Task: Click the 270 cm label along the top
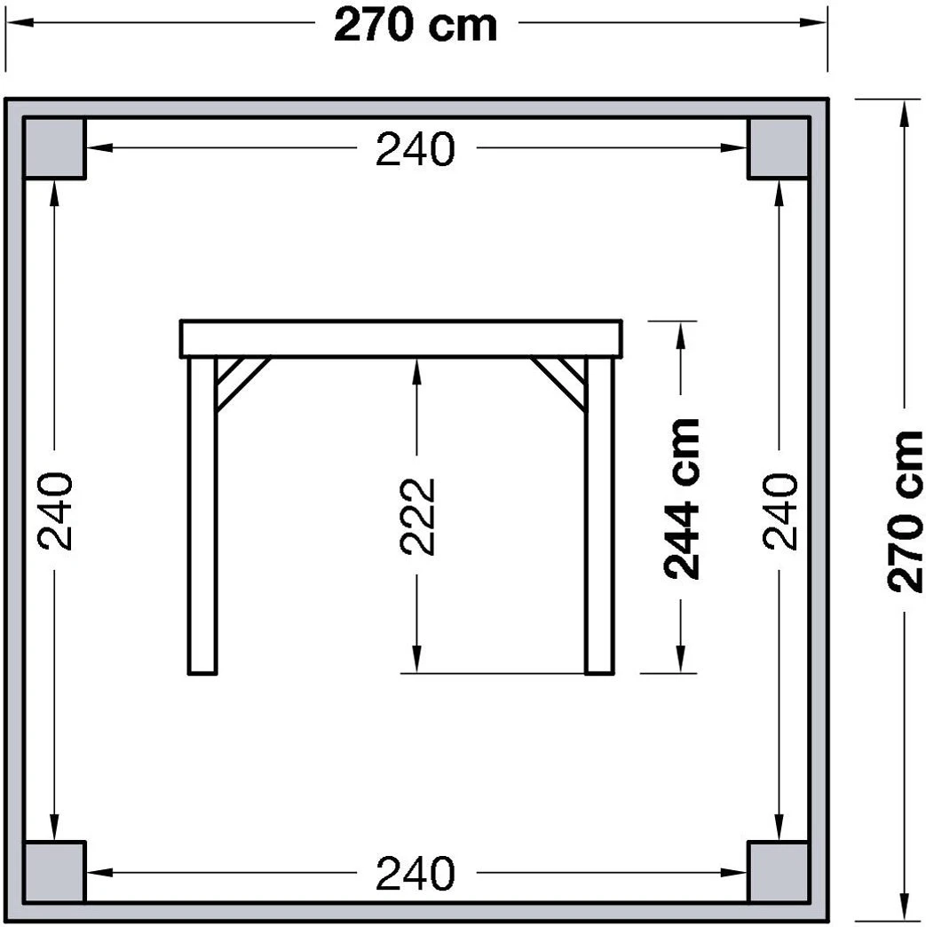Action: pos(416,26)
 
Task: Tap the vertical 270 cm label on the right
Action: pos(905,511)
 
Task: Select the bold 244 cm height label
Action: pos(682,498)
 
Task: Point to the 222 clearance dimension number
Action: pos(417,516)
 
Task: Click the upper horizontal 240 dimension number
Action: pos(416,149)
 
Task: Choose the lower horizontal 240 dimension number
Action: pos(416,873)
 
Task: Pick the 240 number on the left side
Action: pos(55,511)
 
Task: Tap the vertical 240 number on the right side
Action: pos(780,511)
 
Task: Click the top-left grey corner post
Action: pos(54,147)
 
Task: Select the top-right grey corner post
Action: pos(778,147)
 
